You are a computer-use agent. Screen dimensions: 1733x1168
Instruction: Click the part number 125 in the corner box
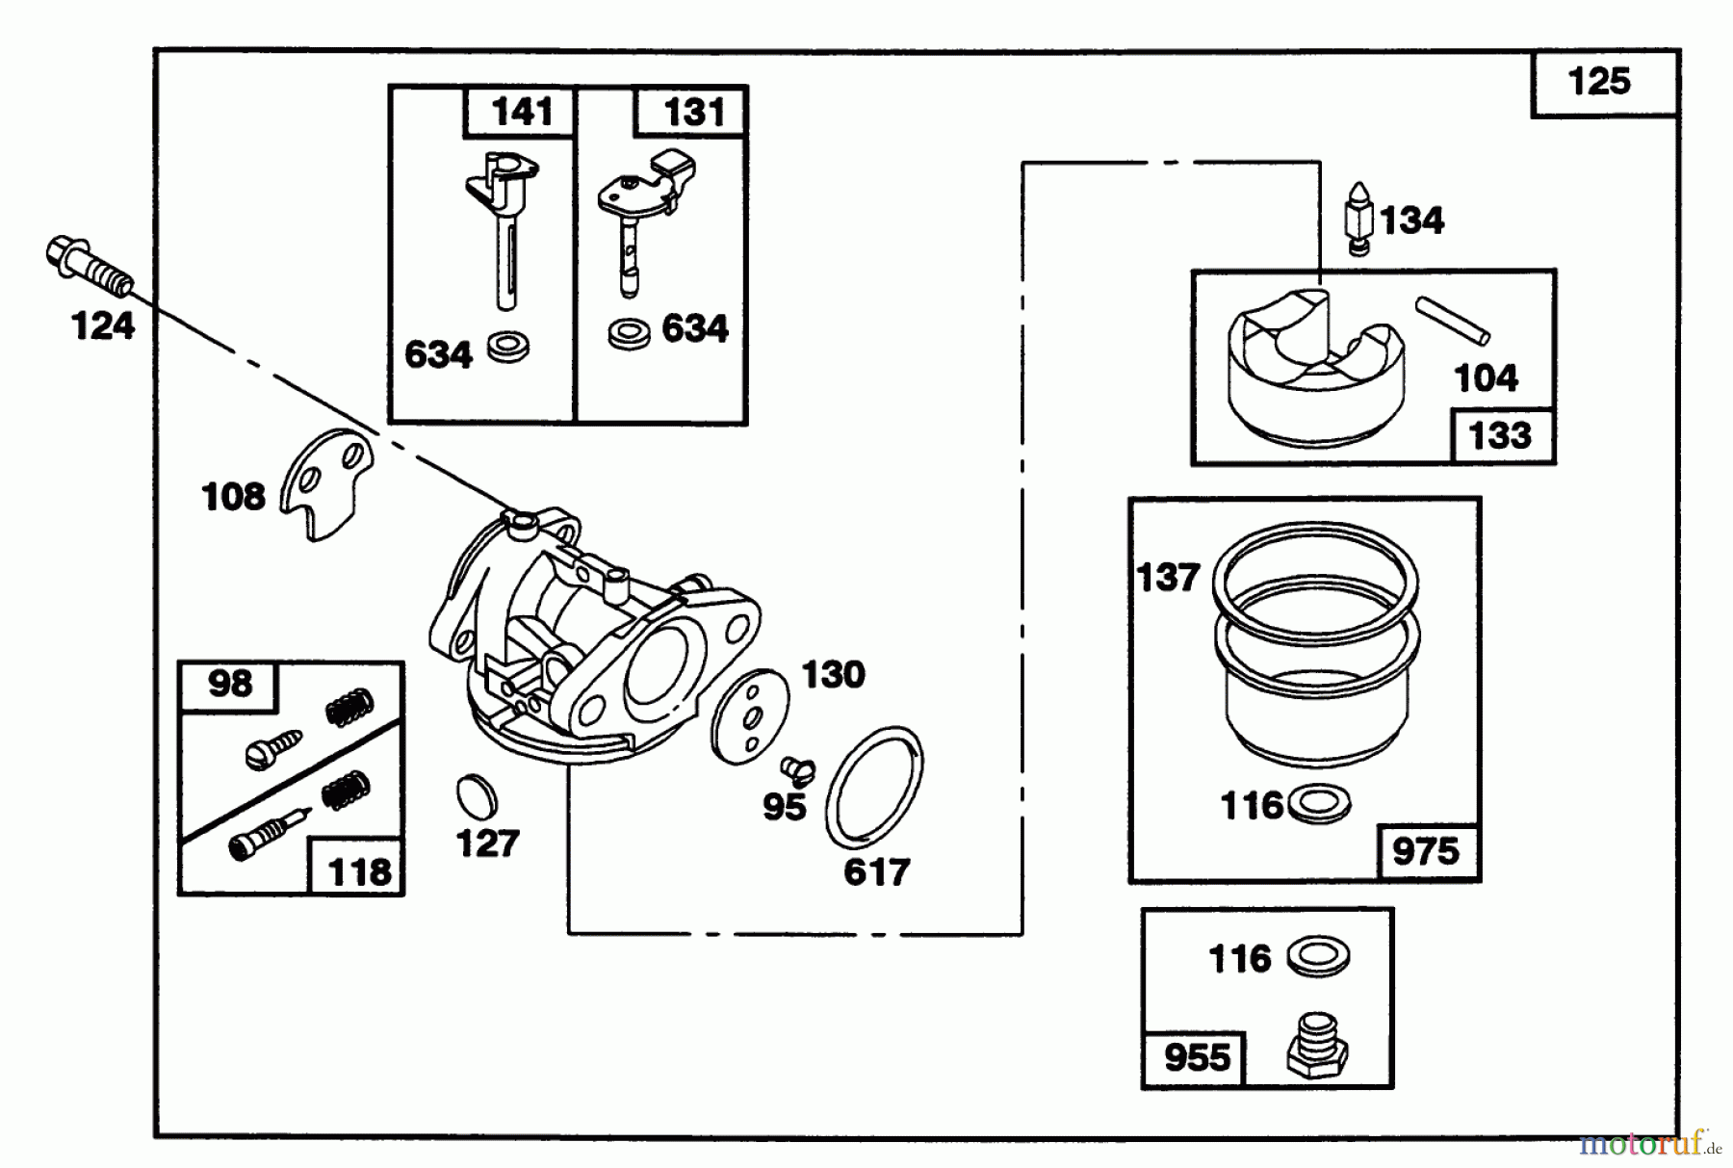(x=1599, y=81)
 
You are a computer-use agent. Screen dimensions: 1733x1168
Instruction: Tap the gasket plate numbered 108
(x=326, y=483)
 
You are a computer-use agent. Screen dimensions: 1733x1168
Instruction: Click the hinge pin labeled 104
(x=1452, y=321)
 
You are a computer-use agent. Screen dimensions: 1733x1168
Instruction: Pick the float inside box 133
(x=1316, y=366)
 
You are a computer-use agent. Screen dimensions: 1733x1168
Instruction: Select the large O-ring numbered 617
(x=873, y=786)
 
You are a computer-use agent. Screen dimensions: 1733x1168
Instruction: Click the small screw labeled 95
(x=798, y=768)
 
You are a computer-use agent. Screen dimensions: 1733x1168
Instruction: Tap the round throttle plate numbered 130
(x=752, y=716)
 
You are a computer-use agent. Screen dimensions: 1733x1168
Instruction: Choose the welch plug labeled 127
(x=478, y=796)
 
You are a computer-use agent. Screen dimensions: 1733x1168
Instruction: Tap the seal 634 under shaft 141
(x=508, y=348)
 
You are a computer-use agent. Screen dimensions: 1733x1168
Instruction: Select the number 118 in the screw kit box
(x=360, y=871)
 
